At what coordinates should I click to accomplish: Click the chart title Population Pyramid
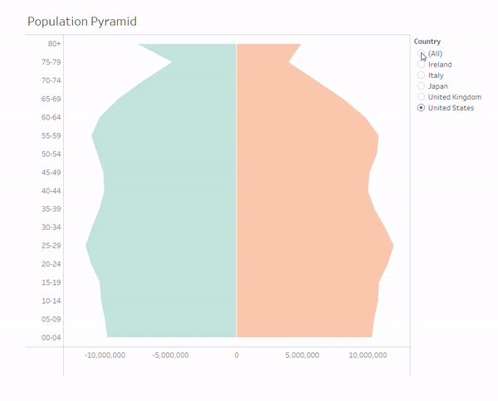82,21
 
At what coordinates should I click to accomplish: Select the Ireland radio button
422,65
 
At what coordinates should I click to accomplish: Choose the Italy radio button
422,76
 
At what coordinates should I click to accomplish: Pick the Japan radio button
422,86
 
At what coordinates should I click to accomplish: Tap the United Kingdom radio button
422,97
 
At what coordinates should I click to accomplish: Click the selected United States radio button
422,108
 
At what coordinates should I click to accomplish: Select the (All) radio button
422,54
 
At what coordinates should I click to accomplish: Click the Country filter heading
427,42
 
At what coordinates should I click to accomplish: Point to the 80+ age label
54,43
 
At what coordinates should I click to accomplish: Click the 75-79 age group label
50,62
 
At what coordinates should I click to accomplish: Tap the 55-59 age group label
50,135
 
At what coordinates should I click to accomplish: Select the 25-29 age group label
50,246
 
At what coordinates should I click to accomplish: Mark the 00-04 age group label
50,337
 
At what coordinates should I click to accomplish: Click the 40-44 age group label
50,191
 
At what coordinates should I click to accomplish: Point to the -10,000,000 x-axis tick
105,355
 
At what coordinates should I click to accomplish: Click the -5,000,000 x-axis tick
171,355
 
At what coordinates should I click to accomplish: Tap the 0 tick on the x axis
237,355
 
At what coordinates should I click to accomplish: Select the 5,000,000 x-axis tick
302,355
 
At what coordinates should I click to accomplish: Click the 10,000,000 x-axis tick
368,355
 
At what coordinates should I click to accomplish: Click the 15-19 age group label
50,282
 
